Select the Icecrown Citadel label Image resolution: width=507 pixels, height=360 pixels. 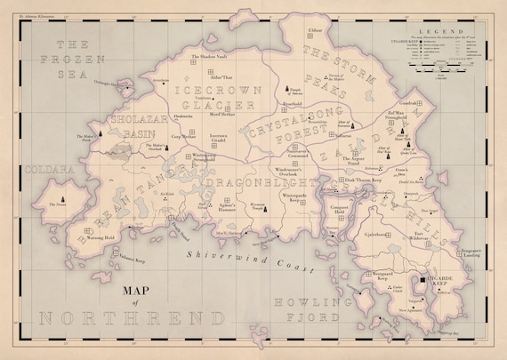pos(220,139)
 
